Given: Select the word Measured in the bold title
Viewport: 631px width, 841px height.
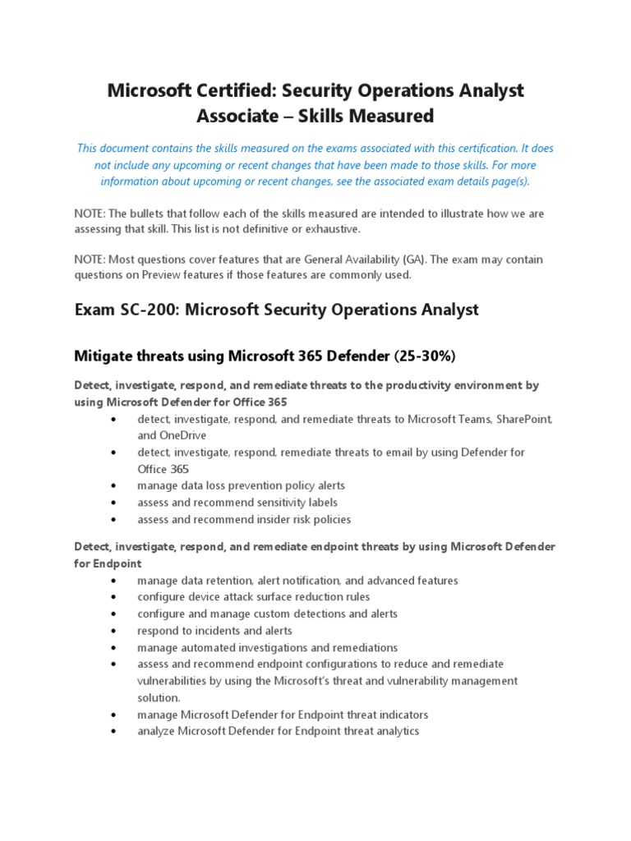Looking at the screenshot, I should pyautogui.click(x=389, y=116).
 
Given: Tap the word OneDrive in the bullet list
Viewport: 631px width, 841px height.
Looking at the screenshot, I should pyautogui.click(x=183, y=435).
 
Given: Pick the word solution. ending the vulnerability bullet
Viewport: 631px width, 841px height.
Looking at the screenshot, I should pyautogui.click(x=159, y=697).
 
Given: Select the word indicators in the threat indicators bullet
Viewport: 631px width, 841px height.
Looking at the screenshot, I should pyautogui.click(x=400, y=715).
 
